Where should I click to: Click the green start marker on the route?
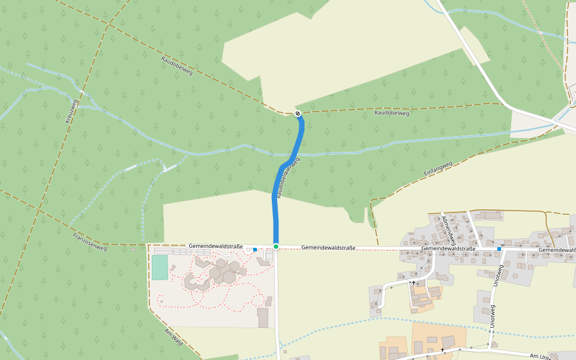(x=276, y=247)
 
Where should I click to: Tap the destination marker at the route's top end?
(x=298, y=113)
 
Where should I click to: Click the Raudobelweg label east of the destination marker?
(x=391, y=113)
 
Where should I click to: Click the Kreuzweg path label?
(x=71, y=111)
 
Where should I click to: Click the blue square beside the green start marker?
(x=255, y=249)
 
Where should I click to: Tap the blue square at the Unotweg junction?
(x=499, y=248)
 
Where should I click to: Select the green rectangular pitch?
(x=160, y=267)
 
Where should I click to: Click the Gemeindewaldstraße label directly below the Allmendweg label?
(x=448, y=248)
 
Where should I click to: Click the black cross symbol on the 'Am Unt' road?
(x=443, y=350)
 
